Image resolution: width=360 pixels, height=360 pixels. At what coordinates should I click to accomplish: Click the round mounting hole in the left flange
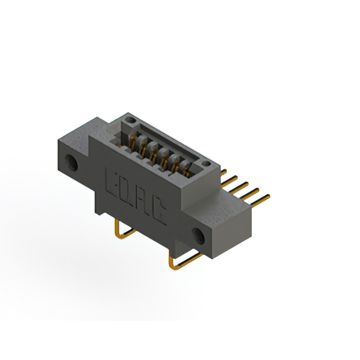[x=71, y=163]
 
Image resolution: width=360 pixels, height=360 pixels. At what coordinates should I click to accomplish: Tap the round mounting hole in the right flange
[x=198, y=236]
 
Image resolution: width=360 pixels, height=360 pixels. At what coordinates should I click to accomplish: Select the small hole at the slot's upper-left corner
[x=130, y=120]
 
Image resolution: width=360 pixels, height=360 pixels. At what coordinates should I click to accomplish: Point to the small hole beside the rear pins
[x=206, y=164]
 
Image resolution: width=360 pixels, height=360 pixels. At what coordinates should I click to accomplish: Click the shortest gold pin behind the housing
[x=224, y=172]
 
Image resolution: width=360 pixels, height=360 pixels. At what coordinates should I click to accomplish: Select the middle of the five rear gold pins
[x=238, y=187]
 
